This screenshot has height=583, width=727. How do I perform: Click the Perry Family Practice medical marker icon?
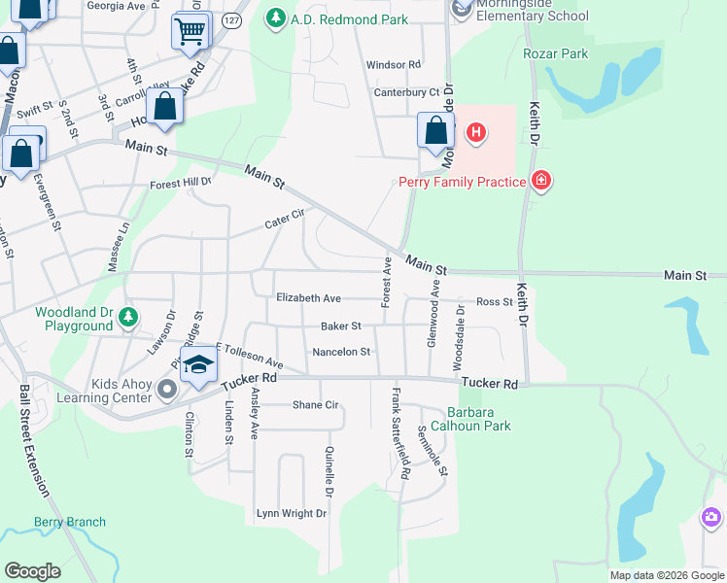click(542, 181)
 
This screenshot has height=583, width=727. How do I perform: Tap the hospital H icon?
click(475, 132)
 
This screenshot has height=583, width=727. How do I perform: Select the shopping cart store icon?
click(190, 31)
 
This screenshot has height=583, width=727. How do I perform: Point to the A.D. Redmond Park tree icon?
click(276, 18)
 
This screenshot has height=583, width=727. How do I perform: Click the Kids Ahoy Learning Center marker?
click(167, 391)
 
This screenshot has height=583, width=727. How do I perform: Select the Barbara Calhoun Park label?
click(478, 419)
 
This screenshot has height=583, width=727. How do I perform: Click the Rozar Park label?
click(555, 53)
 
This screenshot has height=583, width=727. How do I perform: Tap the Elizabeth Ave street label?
click(308, 298)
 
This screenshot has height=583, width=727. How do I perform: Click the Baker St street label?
click(341, 326)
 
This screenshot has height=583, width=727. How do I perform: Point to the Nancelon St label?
click(341, 352)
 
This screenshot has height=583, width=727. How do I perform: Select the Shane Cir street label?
click(315, 404)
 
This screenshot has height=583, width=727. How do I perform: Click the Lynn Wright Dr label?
click(290, 513)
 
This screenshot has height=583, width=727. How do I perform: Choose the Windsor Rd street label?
click(393, 65)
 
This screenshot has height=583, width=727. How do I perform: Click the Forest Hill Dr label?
click(180, 183)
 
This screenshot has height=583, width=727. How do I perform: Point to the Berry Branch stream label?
click(70, 522)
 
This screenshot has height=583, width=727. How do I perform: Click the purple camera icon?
click(711, 517)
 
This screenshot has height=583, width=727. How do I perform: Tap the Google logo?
click(33, 571)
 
